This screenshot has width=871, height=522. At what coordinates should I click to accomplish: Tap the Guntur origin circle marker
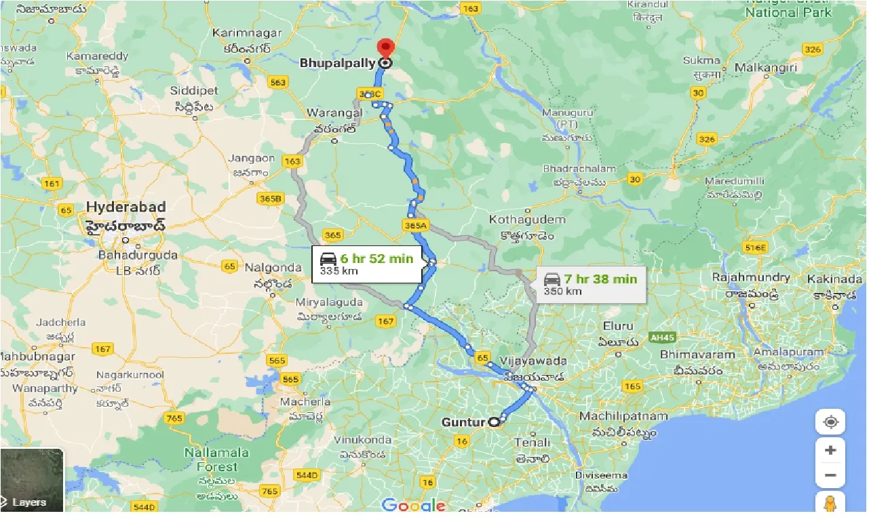494,422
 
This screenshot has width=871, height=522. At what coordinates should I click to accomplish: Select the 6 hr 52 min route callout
366,264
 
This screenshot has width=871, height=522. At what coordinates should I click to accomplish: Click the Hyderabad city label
126,207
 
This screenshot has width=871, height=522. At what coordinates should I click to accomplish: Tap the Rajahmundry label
751,277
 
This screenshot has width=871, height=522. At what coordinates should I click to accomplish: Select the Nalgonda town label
273,267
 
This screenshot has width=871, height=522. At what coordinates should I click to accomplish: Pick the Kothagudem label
518,220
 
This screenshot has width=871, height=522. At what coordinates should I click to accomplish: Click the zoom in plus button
830,450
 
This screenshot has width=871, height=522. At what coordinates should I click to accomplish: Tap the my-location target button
830,422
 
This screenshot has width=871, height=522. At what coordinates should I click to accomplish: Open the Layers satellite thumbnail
32,480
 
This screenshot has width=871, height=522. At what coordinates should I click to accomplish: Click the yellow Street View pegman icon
830,504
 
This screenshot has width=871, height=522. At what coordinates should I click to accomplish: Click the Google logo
413,505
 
